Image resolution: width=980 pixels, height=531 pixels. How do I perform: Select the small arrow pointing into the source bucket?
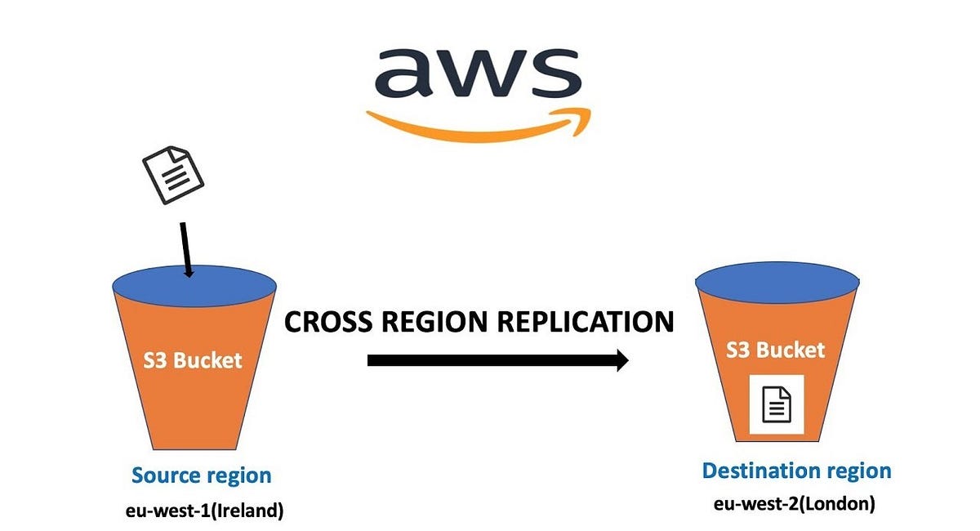pyautogui.click(x=185, y=248)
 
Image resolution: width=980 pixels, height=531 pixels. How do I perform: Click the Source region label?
pyautogui.click(x=202, y=475)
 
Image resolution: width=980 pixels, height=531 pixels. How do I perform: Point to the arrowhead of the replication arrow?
pyautogui.click(x=621, y=360)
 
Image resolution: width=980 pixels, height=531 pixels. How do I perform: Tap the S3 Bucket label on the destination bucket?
pyautogui.click(x=776, y=350)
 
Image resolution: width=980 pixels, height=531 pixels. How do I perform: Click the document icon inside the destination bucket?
pyautogui.click(x=777, y=404)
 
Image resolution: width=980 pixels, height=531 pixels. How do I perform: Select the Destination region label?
pyautogui.click(x=796, y=471)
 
